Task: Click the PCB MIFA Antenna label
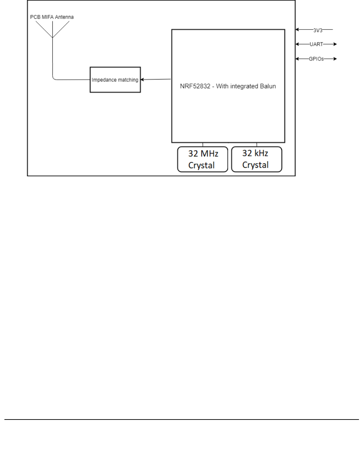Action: pyautogui.click(x=52, y=17)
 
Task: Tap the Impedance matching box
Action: pyautogui.click(x=115, y=80)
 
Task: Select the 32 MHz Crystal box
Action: pyautogui.click(x=202, y=159)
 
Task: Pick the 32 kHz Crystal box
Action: pyautogui.click(x=256, y=159)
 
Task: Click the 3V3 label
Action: pyautogui.click(x=318, y=30)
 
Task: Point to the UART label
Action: pyautogui.click(x=316, y=44)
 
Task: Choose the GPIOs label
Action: pyautogui.click(x=316, y=59)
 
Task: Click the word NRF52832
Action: pyautogui.click(x=195, y=86)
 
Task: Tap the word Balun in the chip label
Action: pyautogui.click(x=268, y=86)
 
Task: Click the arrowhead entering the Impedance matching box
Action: pyautogui.click(x=142, y=80)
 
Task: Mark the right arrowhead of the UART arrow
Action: pyautogui.click(x=335, y=44)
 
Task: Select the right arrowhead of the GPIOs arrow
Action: pyautogui.click(x=335, y=59)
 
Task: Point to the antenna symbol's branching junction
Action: pyautogui.click(x=53, y=37)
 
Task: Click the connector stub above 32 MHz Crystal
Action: pyautogui.click(x=203, y=145)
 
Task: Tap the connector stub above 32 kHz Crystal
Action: pyautogui.click(x=256, y=145)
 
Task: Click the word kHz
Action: pyautogui.click(x=260, y=154)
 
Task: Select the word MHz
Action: pyautogui.click(x=209, y=154)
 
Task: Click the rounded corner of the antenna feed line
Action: pyautogui.click(x=54, y=79)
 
